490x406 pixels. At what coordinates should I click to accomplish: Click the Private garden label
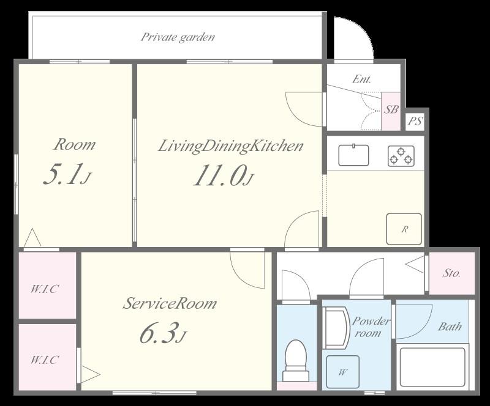pyautogui.click(x=178, y=37)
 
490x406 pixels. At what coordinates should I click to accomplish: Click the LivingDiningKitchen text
pyautogui.click(x=231, y=146)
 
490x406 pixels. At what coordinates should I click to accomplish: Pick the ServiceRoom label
pyautogui.click(x=170, y=303)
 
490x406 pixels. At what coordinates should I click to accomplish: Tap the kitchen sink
pyautogui.click(x=353, y=155)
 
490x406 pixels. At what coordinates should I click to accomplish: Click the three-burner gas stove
pyautogui.click(x=401, y=156)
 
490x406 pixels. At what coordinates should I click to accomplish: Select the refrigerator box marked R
pyautogui.click(x=404, y=229)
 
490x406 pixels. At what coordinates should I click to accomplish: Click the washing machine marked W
pyautogui.click(x=343, y=372)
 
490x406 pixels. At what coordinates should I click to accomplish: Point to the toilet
pyautogui.click(x=296, y=360)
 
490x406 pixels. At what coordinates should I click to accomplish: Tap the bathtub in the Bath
pyautogui.click(x=432, y=366)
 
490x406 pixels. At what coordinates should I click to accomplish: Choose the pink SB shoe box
pyautogui.click(x=391, y=111)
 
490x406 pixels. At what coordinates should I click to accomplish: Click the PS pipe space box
pyautogui.click(x=415, y=121)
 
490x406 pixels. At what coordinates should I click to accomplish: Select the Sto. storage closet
pyautogui.click(x=452, y=273)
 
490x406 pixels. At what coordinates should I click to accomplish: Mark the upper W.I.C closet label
pyautogui.click(x=44, y=289)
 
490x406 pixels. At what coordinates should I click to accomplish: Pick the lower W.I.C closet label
pyautogui.click(x=44, y=360)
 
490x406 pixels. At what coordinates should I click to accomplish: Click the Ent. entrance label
pyautogui.click(x=361, y=79)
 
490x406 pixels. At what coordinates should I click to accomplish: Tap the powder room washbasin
pyautogui.click(x=336, y=328)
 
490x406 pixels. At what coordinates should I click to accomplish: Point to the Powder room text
pyautogui.click(x=371, y=327)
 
